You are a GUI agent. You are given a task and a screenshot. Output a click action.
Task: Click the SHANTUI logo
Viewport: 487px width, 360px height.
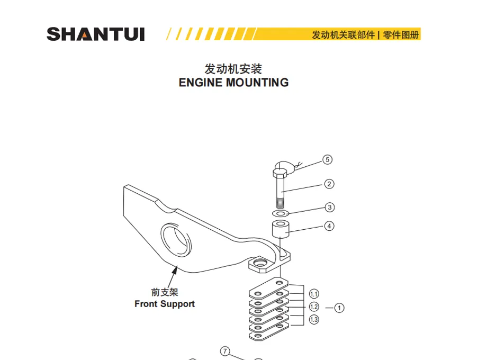coord(95,34)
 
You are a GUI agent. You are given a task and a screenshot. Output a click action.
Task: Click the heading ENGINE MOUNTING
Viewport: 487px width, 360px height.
coord(233,83)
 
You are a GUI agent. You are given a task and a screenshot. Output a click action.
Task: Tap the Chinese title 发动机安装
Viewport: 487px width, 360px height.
coord(233,69)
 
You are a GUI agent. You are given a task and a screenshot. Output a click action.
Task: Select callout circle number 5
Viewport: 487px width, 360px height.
coord(328,159)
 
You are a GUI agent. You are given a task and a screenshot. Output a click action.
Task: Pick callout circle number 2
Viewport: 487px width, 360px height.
coord(329,184)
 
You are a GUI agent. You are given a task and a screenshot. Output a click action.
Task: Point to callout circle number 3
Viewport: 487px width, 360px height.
coord(329,207)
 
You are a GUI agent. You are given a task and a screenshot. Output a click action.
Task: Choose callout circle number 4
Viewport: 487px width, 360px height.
coord(329,226)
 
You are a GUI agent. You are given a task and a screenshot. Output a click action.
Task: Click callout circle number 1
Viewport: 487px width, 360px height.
coord(339,307)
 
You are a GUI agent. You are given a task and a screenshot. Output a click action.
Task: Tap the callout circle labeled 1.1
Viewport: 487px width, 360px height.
coord(314,294)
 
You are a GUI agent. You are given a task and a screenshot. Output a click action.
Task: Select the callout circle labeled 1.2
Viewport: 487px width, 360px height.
coord(314,307)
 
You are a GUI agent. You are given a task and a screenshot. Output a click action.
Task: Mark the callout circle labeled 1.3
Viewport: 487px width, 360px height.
coord(314,320)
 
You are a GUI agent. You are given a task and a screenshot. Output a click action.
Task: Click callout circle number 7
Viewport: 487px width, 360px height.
coord(225,351)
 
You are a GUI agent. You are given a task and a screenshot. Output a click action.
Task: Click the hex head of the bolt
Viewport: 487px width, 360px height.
coord(280,172)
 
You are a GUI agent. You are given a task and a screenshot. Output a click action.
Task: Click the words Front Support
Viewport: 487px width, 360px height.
coord(164,304)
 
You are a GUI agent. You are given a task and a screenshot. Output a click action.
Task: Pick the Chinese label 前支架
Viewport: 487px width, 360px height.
coord(164,292)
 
